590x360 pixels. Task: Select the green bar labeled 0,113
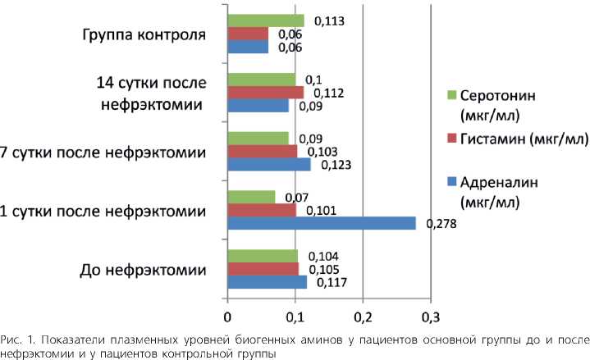point(266,21)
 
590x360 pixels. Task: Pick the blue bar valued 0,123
point(269,164)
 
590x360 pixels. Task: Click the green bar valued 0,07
point(251,197)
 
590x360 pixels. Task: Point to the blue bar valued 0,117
point(267,283)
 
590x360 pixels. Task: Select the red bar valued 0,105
point(263,269)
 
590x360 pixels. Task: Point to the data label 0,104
point(318,256)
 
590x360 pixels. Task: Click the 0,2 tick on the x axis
point(362,316)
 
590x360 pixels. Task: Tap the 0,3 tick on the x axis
point(430,316)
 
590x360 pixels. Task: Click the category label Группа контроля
point(144,35)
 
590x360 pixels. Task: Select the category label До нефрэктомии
point(145,270)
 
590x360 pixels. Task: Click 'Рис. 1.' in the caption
point(18,339)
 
